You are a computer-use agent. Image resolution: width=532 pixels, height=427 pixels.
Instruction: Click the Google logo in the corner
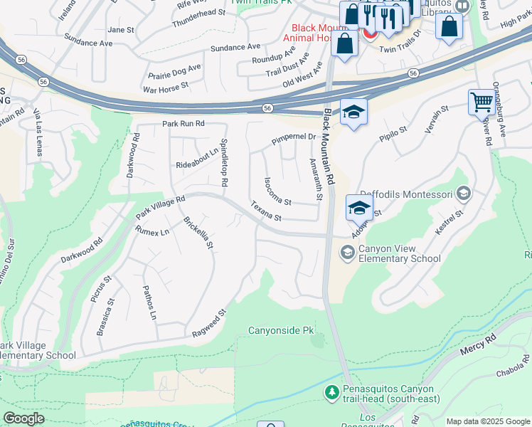(x=24, y=418)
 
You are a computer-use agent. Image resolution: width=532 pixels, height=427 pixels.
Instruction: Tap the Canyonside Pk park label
(x=280, y=331)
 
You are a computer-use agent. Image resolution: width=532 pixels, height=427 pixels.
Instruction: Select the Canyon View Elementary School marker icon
(x=347, y=252)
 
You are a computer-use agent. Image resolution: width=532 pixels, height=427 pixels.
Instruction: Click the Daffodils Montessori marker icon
(x=464, y=194)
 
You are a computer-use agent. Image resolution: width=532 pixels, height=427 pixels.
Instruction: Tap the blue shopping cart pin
(x=482, y=102)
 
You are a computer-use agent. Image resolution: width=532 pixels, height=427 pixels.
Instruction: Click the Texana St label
(x=266, y=211)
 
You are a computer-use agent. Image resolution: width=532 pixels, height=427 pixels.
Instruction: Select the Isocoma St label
(x=277, y=191)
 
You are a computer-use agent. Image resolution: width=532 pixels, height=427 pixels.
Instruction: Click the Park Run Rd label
(x=183, y=123)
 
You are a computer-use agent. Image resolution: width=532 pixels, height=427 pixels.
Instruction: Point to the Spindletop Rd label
(x=223, y=162)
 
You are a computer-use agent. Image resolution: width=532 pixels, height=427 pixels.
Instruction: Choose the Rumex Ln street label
(x=152, y=231)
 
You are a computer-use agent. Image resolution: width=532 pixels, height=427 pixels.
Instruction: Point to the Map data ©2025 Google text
(x=487, y=421)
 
